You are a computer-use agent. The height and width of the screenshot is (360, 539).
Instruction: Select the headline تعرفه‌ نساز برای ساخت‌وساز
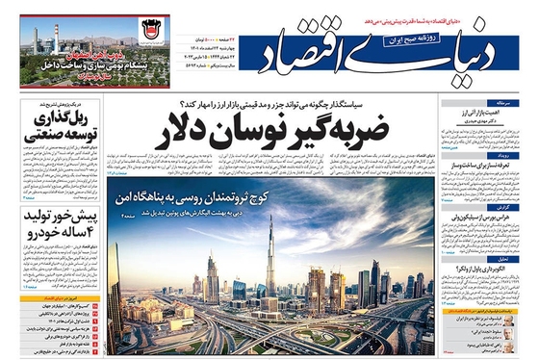tap(482, 167)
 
